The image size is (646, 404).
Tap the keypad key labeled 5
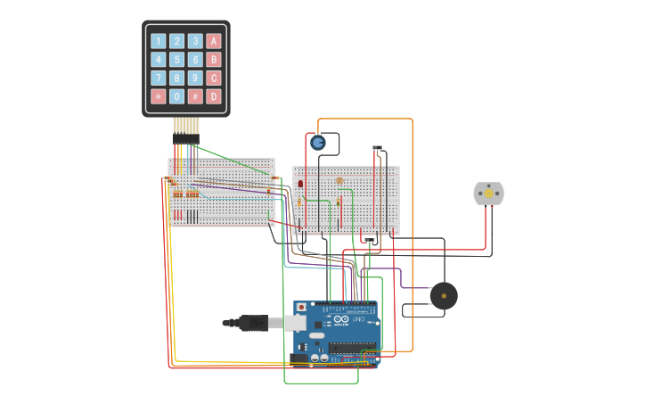point(176,60)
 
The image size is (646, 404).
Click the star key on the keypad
point(158,96)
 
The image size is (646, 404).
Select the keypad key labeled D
point(214,96)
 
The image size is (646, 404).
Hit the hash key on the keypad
point(195,96)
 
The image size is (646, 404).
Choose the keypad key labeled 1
point(158,41)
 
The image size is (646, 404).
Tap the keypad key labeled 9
point(195,78)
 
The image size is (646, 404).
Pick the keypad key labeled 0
point(176,96)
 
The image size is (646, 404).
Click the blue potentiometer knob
point(318,142)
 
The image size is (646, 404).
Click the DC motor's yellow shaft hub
point(488,194)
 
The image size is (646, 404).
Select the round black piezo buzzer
point(443,295)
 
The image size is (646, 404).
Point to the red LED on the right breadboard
point(300,184)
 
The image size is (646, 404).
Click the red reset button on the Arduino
point(301,308)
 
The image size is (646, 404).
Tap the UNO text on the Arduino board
point(358,319)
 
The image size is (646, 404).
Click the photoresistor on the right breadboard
point(339,181)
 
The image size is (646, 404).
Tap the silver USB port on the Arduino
point(295,323)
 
